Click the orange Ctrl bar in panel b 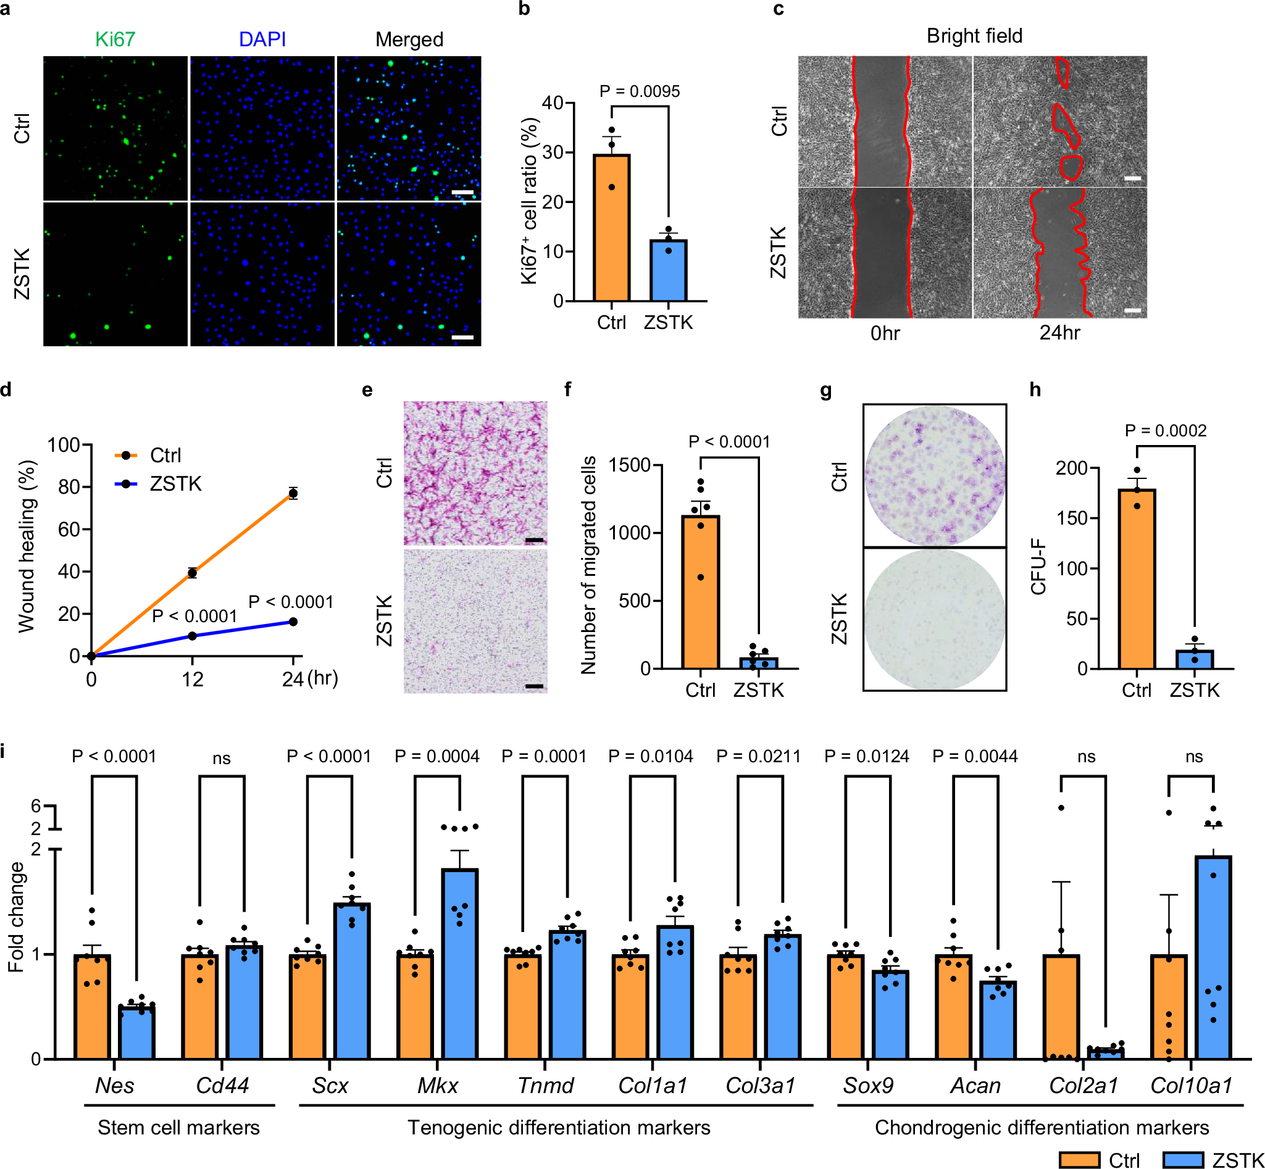(x=611, y=228)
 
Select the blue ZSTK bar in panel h (x=1194, y=659)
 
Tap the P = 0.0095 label (x=639, y=91)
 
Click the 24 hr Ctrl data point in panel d (x=293, y=493)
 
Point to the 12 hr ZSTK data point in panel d (x=193, y=636)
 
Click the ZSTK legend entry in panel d (x=175, y=484)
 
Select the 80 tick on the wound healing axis (x=69, y=487)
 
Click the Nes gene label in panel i (x=115, y=1086)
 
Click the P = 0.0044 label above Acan (x=975, y=756)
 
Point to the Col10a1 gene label (x=1191, y=1086)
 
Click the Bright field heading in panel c (x=974, y=36)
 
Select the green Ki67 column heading (x=115, y=40)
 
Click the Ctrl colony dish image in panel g (x=934, y=475)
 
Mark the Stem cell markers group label (x=178, y=1127)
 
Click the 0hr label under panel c (x=885, y=333)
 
